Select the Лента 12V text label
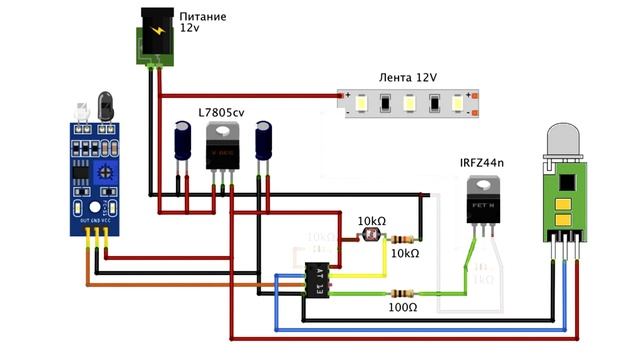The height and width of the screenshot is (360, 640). click(x=409, y=78)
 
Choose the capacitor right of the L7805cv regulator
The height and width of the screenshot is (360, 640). click(x=264, y=141)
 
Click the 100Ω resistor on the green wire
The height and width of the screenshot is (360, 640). click(x=403, y=293)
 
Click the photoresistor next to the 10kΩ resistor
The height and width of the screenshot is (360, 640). click(x=365, y=238)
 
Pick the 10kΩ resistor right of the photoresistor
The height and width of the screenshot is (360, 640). click(x=403, y=239)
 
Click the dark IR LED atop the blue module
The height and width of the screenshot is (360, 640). click(x=104, y=103)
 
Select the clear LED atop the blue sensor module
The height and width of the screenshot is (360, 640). click(x=80, y=107)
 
